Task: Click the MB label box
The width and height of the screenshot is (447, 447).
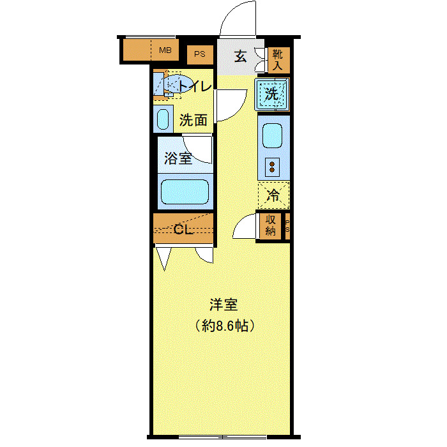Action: (x=165, y=50)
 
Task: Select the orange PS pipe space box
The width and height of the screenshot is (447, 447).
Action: (x=200, y=55)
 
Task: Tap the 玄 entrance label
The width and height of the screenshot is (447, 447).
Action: (x=239, y=57)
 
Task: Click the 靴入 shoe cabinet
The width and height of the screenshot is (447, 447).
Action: (x=277, y=59)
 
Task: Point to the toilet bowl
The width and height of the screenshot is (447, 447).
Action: (x=181, y=85)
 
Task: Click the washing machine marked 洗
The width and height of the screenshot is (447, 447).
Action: (x=272, y=94)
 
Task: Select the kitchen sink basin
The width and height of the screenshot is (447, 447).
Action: (x=273, y=135)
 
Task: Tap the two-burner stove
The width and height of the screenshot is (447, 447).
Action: (x=273, y=167)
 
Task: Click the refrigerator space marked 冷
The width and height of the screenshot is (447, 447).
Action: (x=273, y=195)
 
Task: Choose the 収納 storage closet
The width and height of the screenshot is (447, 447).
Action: (x=269, y=225)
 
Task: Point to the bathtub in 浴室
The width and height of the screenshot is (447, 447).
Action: (x=185, y=191)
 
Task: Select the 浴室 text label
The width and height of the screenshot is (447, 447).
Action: (x=178, y=158)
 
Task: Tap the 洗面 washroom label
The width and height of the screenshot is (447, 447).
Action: (x=193, y=119)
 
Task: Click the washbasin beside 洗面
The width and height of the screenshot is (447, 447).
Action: (x=163, y=119)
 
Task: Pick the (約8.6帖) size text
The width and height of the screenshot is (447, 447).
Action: (x=225, y=326)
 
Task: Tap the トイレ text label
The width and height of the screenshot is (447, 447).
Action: (x=195, y=86)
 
